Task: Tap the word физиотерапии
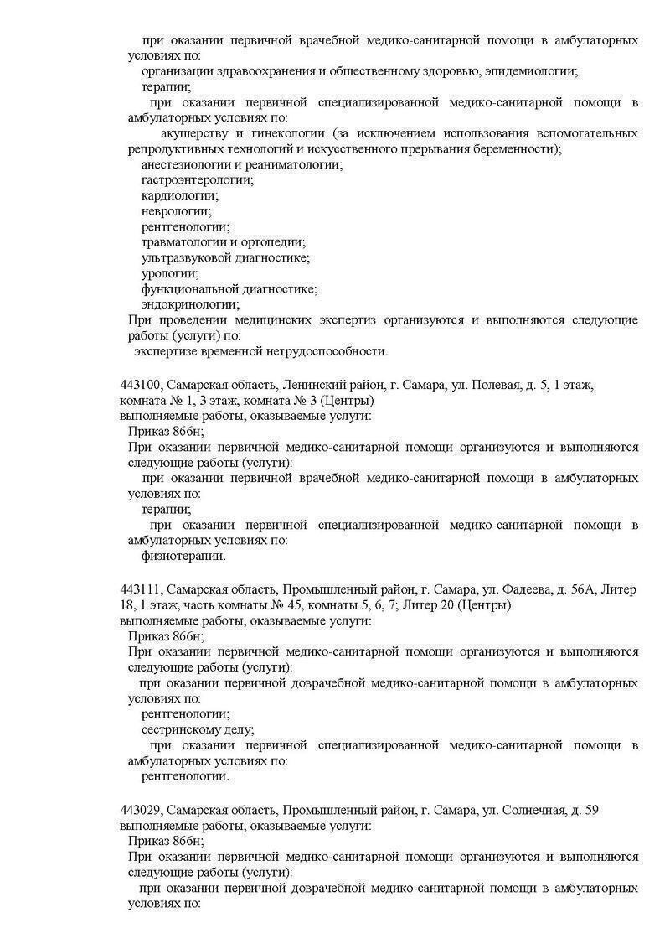(x=183, y=555)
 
